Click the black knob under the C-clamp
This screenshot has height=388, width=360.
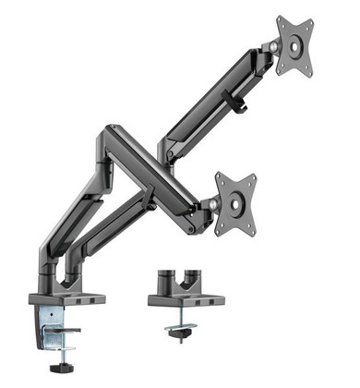click(62, 369)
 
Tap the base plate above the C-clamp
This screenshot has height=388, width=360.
click(67, 300)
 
